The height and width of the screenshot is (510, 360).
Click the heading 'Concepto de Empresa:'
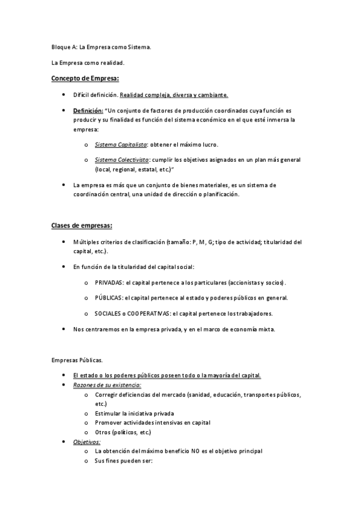[x=85, y=78]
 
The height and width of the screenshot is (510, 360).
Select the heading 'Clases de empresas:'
[x=81, y=226]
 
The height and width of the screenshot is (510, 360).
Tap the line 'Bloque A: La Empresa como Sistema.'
[x=100, y=46]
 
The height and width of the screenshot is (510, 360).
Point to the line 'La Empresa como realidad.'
[x=88, y=62]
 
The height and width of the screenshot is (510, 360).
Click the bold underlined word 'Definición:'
[x=88, y=111]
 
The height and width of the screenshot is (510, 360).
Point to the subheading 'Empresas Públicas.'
[x=77, y=360]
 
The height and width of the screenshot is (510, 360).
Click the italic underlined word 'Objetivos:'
[x=87, y=441]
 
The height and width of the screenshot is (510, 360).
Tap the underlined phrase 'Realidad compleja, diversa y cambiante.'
[x=174, y=95]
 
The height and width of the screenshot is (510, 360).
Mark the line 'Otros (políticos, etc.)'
[x=123, y=432]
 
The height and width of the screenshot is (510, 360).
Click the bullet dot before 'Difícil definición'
[x=64, y=95]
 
